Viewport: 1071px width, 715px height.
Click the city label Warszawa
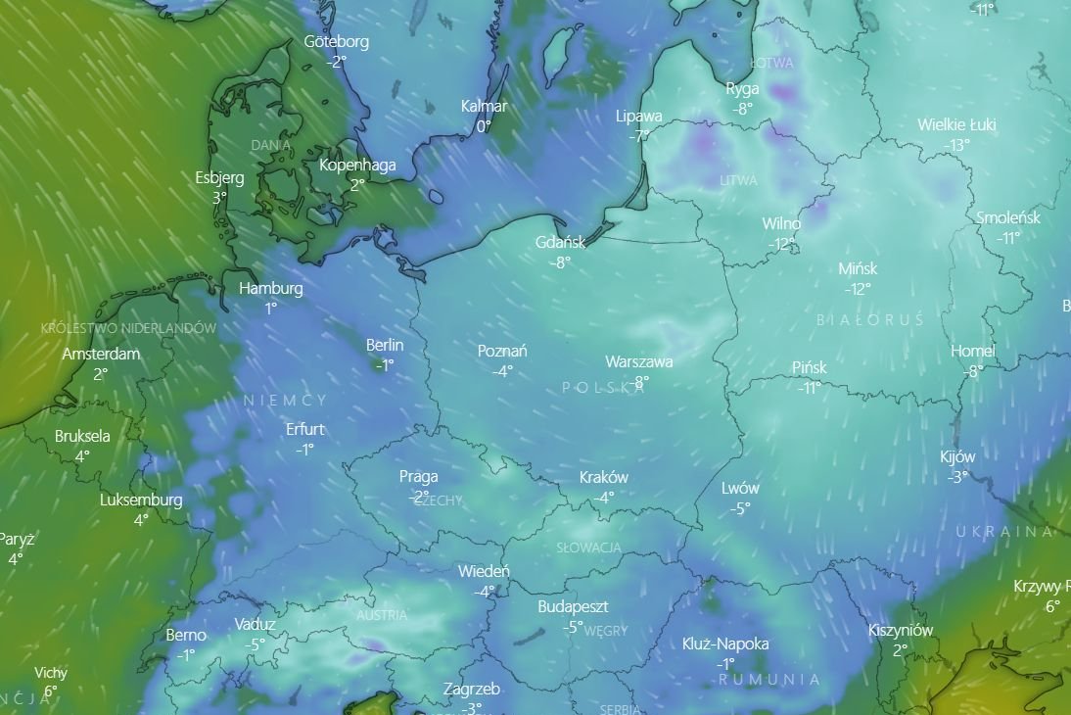[638, 361]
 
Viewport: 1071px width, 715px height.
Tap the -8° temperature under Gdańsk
[559, 262]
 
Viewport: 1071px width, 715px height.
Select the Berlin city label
[385, 345]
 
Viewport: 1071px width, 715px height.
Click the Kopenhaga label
[357, 165]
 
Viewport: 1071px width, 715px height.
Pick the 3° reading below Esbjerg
[219, 197]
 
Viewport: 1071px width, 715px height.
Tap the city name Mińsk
[858, 268]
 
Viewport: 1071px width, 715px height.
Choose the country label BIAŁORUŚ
[869, 320]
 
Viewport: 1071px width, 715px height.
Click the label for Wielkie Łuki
[956, 124]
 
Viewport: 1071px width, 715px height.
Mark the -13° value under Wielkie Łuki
[956, 145]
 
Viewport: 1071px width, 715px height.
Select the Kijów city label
[957, 456]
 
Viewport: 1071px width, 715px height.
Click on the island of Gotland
[558, 46]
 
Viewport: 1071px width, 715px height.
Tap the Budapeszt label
[573, 607]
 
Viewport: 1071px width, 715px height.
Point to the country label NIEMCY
[285, 401]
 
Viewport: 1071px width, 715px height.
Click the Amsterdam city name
[101, 354]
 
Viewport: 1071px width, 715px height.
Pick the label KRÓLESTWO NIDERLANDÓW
[128, 328]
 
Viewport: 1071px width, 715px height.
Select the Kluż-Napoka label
[725, 643]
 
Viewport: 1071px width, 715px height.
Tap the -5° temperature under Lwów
[740, 508]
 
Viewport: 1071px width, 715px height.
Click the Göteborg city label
[337, 42]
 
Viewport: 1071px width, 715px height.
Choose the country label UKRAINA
[1004, 532]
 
